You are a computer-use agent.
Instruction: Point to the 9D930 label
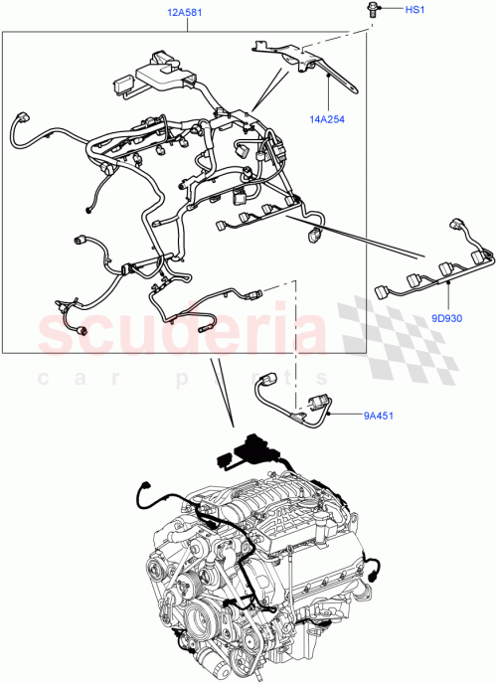(450, 319)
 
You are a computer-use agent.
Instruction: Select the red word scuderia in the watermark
(184, 338)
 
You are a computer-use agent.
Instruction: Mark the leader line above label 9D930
(450, 296)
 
